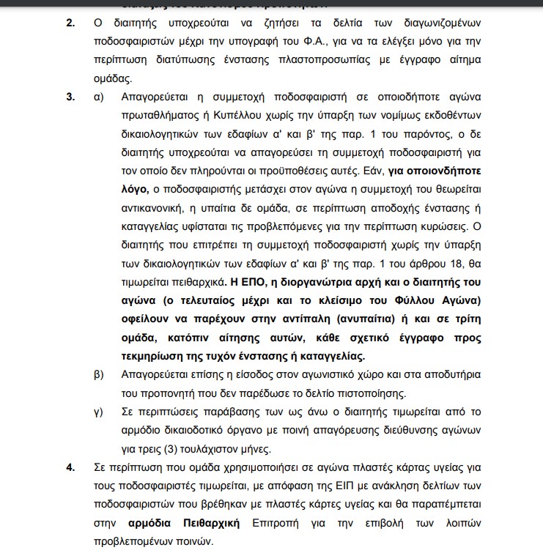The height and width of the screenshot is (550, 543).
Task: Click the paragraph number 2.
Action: tap(71, 23)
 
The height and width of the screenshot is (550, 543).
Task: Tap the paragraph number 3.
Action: tap(71, 97)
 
